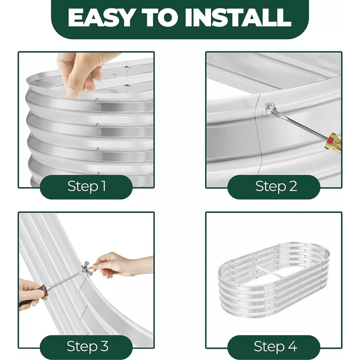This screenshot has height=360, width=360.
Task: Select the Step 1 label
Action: click(86, 186)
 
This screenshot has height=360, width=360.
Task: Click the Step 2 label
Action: click(276, 186)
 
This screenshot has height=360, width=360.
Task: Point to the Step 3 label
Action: click(87, 346)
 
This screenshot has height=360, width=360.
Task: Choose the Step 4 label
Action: click(275, 346)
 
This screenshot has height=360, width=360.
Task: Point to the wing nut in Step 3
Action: click(87, 267)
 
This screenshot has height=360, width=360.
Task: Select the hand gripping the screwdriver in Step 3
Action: click(31, 294)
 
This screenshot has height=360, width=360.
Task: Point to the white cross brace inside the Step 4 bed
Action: click(271, 272)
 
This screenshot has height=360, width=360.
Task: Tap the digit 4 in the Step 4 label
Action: click(292, 346)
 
